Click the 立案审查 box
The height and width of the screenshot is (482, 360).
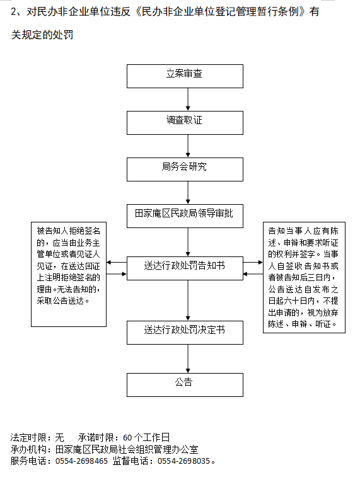pos(185,76)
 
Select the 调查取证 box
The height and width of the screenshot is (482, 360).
pos(185,123)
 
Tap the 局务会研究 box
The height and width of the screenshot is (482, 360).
pos(185,169)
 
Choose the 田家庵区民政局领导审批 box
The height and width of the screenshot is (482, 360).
pos(185,216)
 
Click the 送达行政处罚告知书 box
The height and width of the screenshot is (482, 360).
pos(185,268)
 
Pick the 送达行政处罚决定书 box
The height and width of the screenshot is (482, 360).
pos(185,333)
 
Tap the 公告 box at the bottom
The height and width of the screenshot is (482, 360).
pos(185,385)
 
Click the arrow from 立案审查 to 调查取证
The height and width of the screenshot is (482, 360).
pos(188,100)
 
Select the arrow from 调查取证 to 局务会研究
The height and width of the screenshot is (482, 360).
pos(188,146)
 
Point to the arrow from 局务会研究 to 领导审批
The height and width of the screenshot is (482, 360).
pos(188,193)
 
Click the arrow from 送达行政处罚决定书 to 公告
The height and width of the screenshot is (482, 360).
pos(188,359)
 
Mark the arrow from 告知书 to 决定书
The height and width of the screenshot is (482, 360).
pos(188,301)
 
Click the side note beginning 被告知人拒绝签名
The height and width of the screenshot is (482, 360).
pos(69,274)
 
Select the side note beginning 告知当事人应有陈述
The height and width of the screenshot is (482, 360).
pos(304,277)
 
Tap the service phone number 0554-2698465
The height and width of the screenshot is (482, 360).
pos(81,461)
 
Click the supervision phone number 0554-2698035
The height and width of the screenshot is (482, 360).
pos(183,461)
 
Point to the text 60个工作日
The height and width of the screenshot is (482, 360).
pos(146,437)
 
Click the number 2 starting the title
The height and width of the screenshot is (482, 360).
pos(14,12)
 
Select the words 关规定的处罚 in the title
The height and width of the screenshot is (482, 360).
pos(42,35)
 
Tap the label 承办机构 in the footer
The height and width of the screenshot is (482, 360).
pos(28,449)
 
